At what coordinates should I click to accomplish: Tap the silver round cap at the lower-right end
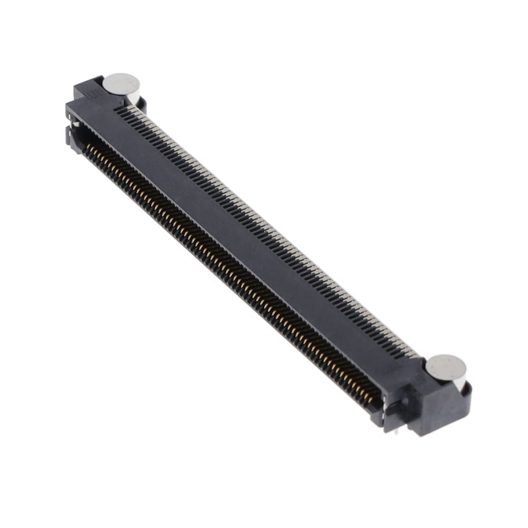click(446, 365)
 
